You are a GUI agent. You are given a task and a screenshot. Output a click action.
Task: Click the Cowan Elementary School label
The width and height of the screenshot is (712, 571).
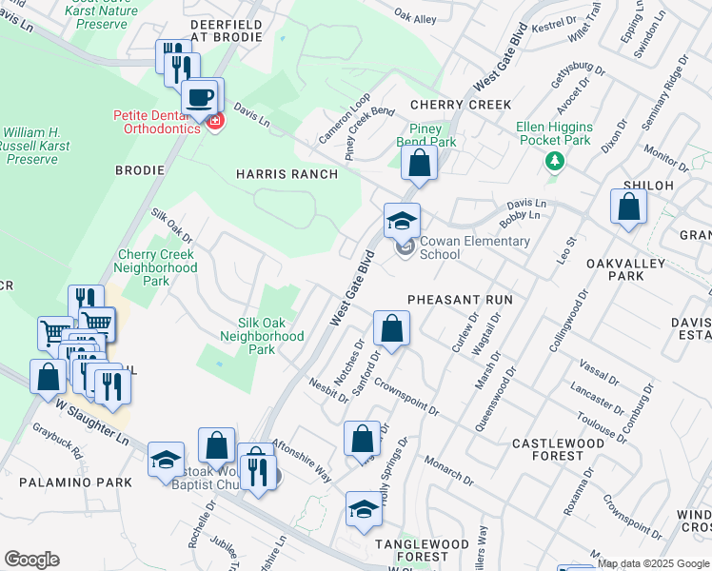[x=474, y=247]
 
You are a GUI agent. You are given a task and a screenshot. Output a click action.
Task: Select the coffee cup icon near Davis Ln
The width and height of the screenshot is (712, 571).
[x=200, y=97]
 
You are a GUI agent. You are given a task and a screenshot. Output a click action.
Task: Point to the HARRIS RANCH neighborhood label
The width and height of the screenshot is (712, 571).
[x=287, y=174]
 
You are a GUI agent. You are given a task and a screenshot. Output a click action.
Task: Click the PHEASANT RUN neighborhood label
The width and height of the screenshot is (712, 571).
[x=460, y=300]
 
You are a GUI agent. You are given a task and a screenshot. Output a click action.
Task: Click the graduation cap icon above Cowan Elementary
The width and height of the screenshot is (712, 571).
[x=402, y=222]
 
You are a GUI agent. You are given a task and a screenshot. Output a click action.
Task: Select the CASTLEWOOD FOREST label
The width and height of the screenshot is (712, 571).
[x=558, y=450]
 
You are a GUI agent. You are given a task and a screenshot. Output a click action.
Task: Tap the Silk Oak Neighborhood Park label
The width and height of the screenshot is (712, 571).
[x=262, y=336]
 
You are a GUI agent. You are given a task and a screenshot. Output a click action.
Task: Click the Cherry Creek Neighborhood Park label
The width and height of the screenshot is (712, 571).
[x=156, y=262]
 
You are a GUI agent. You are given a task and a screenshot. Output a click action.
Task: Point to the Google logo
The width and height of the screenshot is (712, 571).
[x=31, y=560]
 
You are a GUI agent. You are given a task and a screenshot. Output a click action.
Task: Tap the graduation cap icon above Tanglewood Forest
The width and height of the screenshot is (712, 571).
[x=363, y=510]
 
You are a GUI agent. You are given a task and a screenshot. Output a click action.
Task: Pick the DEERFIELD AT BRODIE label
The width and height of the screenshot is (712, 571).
[x=226, y=30]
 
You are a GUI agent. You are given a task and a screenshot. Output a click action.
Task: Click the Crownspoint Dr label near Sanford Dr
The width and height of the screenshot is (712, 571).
[x=405, y=397]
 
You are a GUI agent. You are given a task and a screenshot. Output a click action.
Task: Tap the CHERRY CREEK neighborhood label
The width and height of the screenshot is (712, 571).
[x=461, y=105]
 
